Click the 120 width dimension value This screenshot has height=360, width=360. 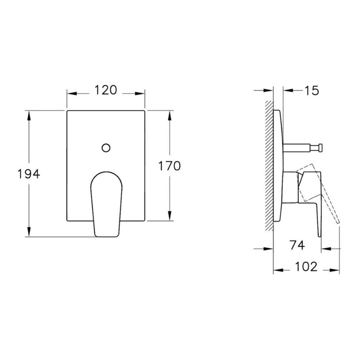point(106,91)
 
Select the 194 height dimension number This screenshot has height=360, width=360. point(28,173)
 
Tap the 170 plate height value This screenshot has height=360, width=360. point(169,166)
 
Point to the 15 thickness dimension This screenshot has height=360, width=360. point(311,91)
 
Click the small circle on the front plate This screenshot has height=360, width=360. point(106,148)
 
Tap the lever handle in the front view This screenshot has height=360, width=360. point(106,203)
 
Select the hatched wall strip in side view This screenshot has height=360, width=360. point(268,165)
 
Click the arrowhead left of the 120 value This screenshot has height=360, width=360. point(71,94)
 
